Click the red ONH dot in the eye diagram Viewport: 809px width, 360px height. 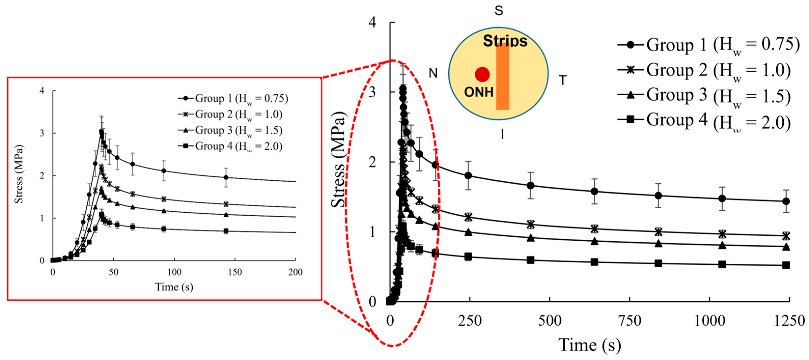[x=482, y=74]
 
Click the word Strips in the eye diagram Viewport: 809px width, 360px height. [x=505, y=41]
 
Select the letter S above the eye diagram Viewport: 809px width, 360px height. [x=499, y=11]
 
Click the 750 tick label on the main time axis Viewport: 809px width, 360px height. [x=629, y=321]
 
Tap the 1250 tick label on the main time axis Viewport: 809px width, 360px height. [x=789, y=321]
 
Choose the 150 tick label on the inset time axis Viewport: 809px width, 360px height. [x=235, y=272]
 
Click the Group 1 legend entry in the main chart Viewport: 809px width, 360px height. [x=708, y=45]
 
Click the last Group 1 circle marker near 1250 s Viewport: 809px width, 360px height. [x=786, y=201]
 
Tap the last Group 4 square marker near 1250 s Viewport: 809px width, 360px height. [x=786, y=265]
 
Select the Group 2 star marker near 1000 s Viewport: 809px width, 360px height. [x=722, y=234]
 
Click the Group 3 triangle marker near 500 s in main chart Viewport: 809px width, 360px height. [x=531, y=238]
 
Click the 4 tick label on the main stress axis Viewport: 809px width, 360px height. [x=372, y=23]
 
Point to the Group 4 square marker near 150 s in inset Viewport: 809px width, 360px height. [x=225, y=231]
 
